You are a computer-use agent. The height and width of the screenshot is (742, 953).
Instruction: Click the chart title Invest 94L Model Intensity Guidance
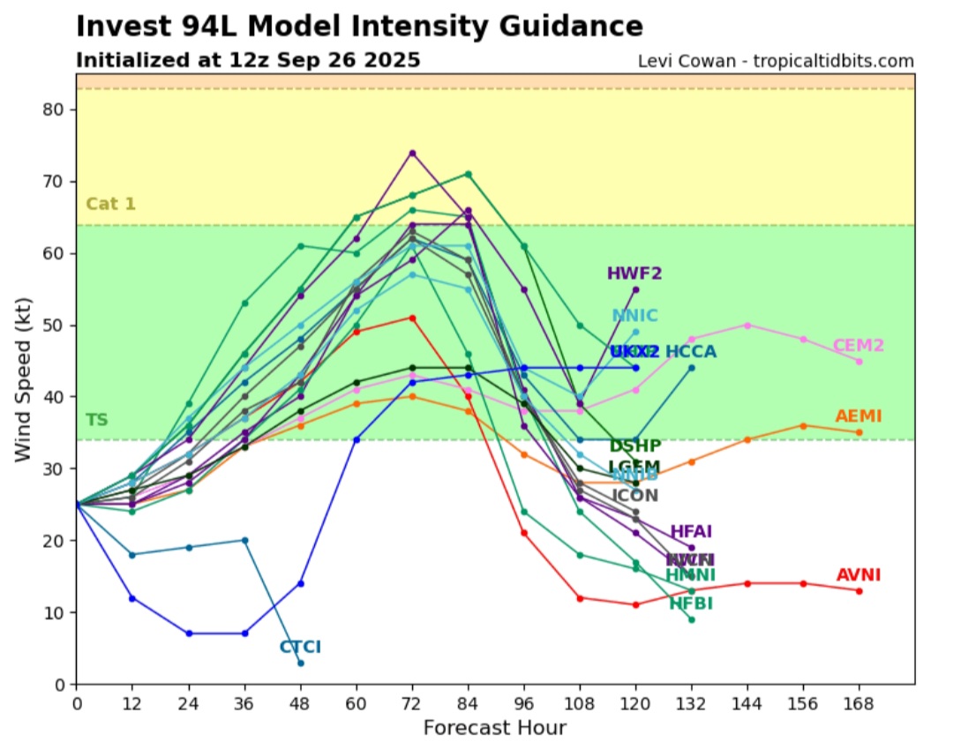pyautogui.click(x=359, y=26)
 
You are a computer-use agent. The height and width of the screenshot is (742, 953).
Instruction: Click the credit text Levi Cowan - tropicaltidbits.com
pyautogui.click(x=776, y=61)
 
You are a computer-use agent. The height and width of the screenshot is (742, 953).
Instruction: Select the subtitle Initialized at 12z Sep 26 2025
pyautogui.click(x=248, y=61)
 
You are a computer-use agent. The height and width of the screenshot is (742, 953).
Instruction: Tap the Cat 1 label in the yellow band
pyautogui.click(x=110, y=205)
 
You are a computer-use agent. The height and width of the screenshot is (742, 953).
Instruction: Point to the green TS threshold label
pyautogui.click(x=96, y=420)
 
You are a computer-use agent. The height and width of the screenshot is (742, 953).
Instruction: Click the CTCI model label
pyautogui.click(x=300, y=647)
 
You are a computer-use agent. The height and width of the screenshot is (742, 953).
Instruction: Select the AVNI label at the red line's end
pyautogui.click(x=859, y=575)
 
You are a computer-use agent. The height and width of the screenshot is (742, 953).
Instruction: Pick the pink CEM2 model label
pyautogui.click(x=859, y=346)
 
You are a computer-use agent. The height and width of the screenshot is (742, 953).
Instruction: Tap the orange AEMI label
pyautogui.click(x=859, y=416)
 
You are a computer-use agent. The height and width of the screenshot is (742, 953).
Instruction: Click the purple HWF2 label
pyautogui.click(x=635, y=274)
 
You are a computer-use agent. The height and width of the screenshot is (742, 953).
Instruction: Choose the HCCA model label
pyautogui.click(x=691, y=352)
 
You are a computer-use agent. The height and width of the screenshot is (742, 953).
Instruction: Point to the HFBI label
pyautogui.click(x=691, y=604)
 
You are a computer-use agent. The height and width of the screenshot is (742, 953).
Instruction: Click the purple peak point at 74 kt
pyautogui.click(x=412, y=153)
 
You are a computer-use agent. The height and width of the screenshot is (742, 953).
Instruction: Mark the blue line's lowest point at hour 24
pyautogui.click(x=189, y=633)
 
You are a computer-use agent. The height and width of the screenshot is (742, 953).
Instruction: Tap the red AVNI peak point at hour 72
pyautogui.click(x=412, y=318)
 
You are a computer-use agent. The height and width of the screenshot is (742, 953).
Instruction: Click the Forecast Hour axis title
pyautogui.click(x=494, y=728)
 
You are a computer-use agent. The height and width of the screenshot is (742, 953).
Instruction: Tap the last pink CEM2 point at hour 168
pyautogui.click(x=859, y=361)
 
